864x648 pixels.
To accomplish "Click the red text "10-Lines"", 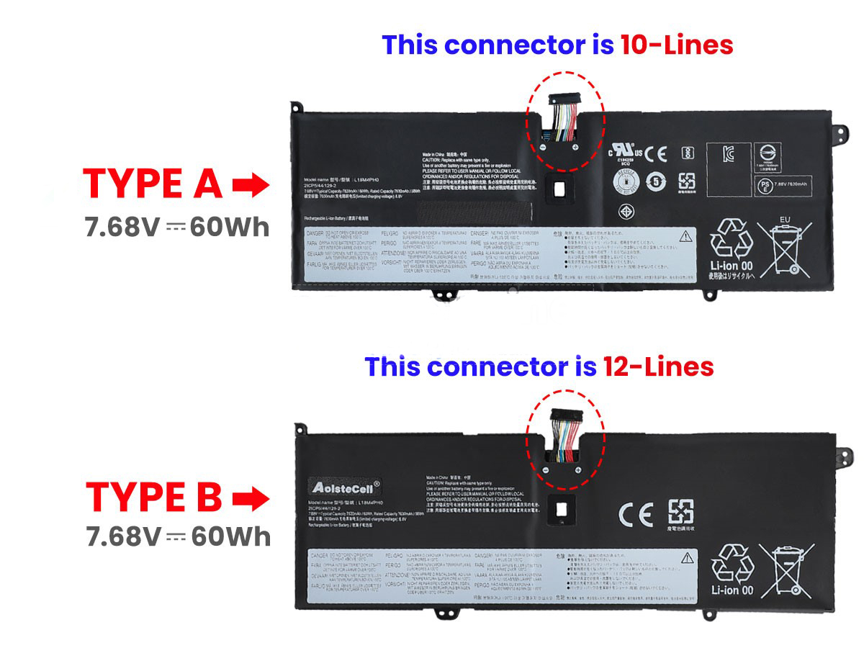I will click(x=676, y=45).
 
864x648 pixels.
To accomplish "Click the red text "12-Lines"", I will click(x=658, y=366).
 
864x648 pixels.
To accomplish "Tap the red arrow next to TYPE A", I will click(x=251, y=185).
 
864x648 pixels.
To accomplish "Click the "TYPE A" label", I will click(x=153, y=184).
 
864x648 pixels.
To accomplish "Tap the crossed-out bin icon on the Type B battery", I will click(x=786, y=572).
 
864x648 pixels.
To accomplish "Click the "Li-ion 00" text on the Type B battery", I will click(x=732, y=590).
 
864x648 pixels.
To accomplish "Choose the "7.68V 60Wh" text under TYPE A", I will click(x=176, y=228).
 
